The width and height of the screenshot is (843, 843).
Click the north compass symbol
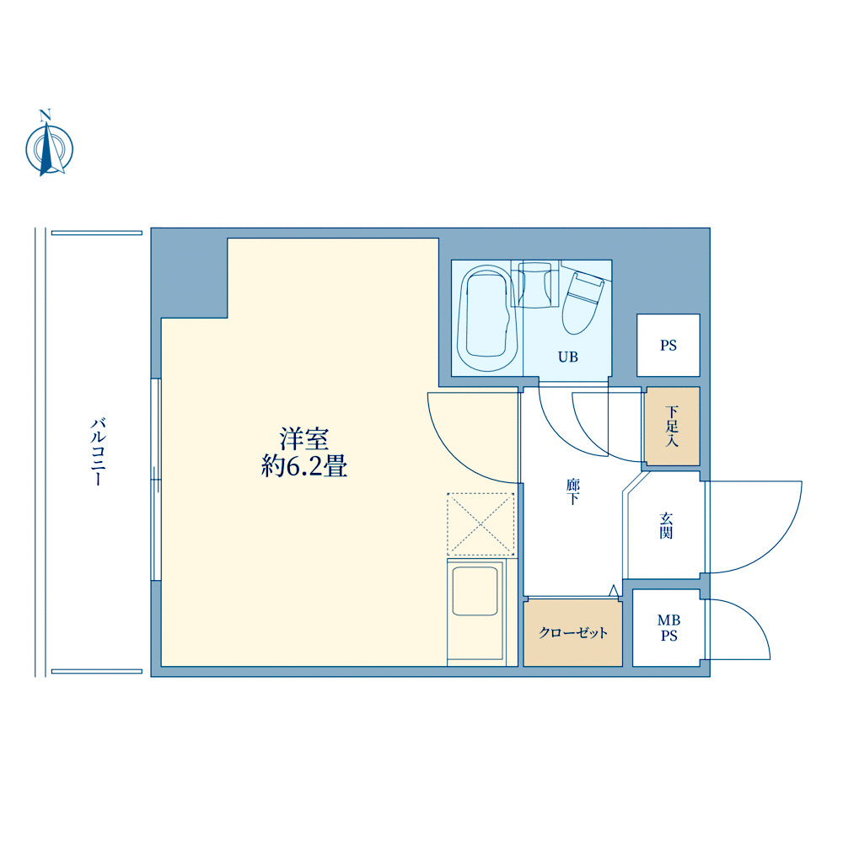tap(50, 149)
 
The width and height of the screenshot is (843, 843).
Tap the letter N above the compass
tap(46, 115)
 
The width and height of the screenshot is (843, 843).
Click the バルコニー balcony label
tap(99, 452)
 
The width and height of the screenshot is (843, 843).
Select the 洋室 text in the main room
tap(304, 439)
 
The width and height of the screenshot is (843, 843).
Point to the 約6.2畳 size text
tap(304, 465)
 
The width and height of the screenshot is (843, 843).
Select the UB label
tap(568, 357)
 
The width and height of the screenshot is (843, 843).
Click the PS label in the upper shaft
tap(668, 345)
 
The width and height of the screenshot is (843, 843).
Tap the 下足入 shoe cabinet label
tap(672, 427)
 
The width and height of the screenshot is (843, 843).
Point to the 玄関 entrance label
tap(666, 526)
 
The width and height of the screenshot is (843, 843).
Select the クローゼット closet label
tap(573, 633)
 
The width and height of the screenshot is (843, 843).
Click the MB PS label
tap(668, 628)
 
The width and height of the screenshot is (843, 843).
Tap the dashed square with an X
tap(481, 524)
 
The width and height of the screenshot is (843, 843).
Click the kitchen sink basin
tap(475, 591)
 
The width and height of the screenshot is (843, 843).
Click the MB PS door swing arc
tap(753, 618)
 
